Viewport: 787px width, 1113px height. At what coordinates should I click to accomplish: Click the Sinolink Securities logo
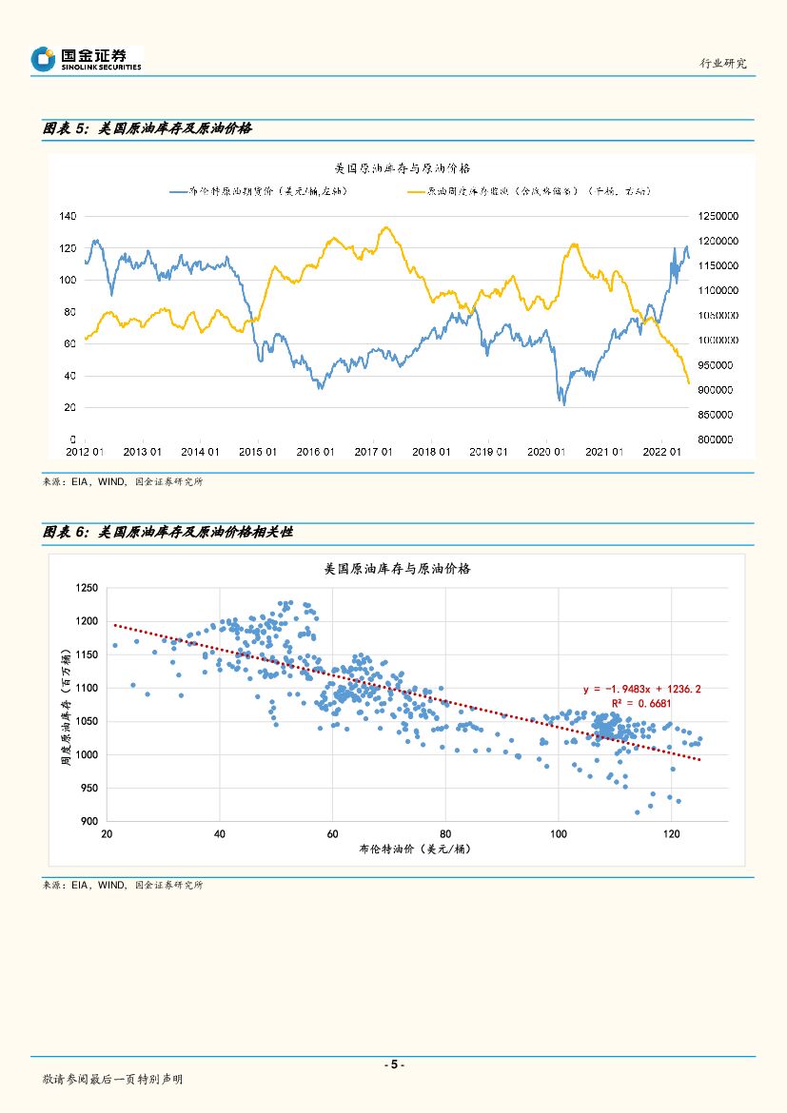(x=86, y=59)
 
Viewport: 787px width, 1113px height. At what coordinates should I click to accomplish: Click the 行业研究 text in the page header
(x=723, y=63)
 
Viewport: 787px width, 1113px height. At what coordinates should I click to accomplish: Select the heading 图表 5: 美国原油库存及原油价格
(x=148, y=128)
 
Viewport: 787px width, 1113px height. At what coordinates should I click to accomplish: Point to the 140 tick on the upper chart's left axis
(x=68, y=216)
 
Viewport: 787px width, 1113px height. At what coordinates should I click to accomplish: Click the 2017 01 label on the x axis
(x=373, y=453)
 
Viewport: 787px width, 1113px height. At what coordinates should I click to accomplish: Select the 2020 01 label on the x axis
(x=546, y=453)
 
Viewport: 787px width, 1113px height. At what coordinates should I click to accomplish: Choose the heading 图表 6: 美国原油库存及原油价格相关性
(x=167, y=533)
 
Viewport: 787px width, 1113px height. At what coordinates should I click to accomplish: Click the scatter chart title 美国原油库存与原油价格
(x=398, y=569)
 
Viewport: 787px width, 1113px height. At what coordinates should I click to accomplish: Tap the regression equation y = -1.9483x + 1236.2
(x=642, y=689)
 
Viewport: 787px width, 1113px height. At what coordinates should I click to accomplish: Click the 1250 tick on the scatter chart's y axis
(x=87, y=588)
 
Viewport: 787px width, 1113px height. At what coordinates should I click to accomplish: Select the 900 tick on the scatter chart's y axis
(x=89, y=821)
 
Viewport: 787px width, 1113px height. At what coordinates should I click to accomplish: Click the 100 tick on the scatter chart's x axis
(x=558, y=834)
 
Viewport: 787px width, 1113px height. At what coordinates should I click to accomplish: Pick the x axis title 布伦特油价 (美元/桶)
(x=398, y=849)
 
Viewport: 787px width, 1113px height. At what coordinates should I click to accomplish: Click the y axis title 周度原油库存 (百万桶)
(x=66, y=705)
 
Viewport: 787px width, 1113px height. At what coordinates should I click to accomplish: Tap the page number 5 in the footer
(x=393, y=1064)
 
